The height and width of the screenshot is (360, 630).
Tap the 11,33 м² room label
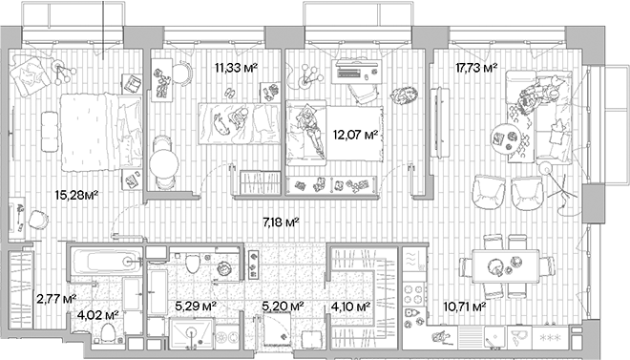pos(235,68)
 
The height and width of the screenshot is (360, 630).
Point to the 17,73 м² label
pos(477,68)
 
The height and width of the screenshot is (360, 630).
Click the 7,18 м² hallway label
pos(281,222)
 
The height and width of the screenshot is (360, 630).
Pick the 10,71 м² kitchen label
pos(465,307)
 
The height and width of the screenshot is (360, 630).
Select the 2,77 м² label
pos(54,300)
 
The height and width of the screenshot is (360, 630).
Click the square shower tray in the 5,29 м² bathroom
pos(191,335)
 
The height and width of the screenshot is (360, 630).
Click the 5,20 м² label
pos(283,307)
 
